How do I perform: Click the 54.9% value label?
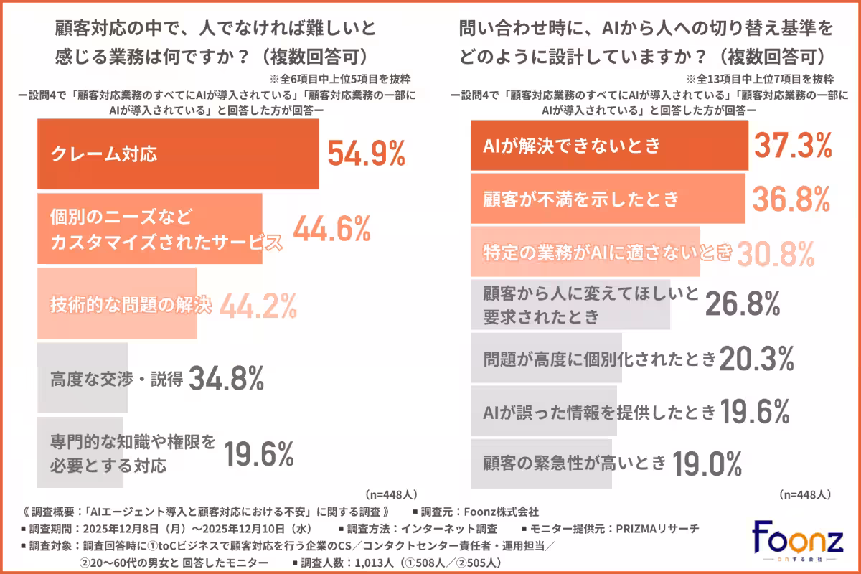[x=367, y=154]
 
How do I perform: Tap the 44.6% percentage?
[x=331, y=229]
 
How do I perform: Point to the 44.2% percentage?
[x=258, y=306]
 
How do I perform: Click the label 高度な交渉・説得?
[x=116, y=378]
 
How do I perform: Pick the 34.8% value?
[x=226, y=378]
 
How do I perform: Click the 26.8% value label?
[x=743, y=304]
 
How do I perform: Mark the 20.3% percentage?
[x=757, y=357]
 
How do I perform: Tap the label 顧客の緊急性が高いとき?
[x=575, y=463]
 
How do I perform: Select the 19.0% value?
[x=707, y=464]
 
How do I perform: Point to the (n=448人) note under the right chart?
[x=804, y=494]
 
